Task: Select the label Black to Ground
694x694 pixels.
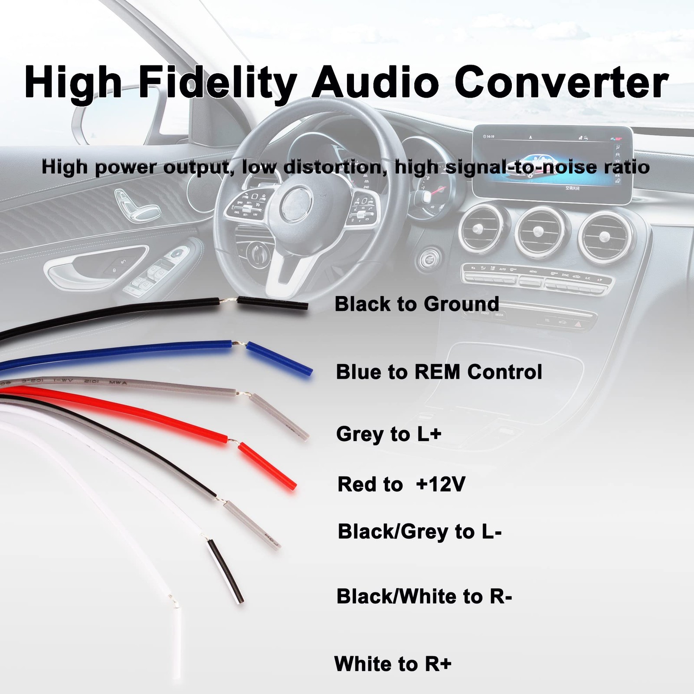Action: click(x=417, y=304)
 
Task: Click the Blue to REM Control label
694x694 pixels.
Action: click(x=439, y=372)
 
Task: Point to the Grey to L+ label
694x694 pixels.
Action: click(x=389, y=434)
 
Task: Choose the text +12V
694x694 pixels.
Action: click(x=440, y=484)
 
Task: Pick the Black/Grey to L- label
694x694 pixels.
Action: click(x=419, y=531)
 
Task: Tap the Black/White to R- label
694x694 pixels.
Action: click(x=424, y=596)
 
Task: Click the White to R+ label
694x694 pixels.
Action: click(x=393, y=664)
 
